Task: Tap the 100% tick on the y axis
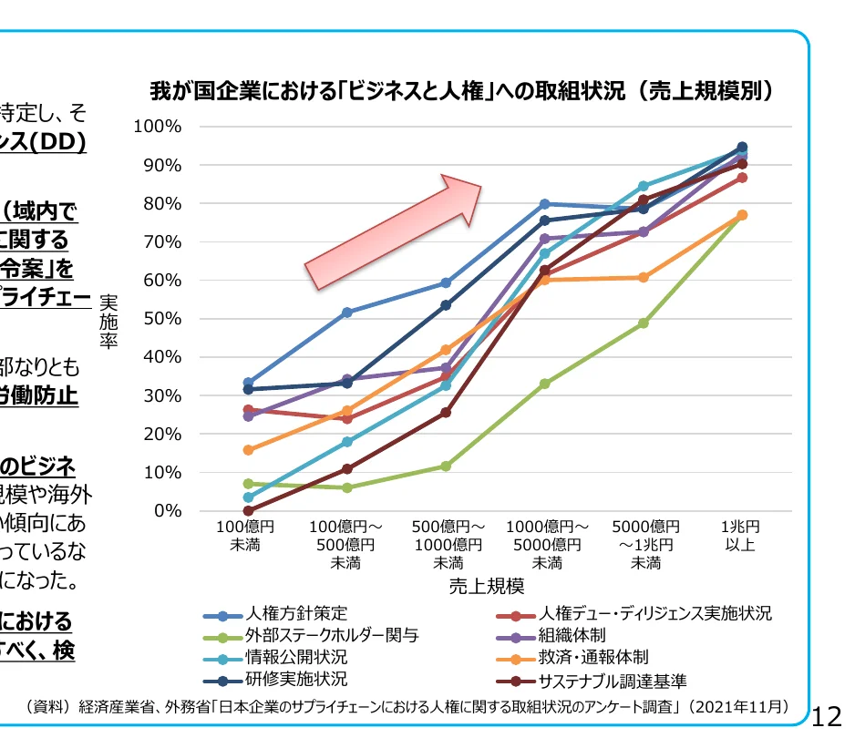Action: pyautogui.click(x=158, y=127)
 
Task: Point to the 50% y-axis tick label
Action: pyautogui.click(x=162, y=319)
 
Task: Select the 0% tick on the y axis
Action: pyautogui.click(x=167, y=511)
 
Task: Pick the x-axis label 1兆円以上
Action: pyautogui.click(x=740, y=536)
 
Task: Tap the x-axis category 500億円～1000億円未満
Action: pyautogui.click(x=447, y=545)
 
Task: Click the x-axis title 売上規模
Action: pyautogui.click(x=486, y=585)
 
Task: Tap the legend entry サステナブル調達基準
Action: pyautogui.click(x=613, y=681)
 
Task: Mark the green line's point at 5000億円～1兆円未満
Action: pyautogui.click(x=643, y=323)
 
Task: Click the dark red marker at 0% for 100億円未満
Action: pyautogui.click(x=248, y=511)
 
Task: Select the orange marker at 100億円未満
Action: pyautogui.click(x=248, y=450)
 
